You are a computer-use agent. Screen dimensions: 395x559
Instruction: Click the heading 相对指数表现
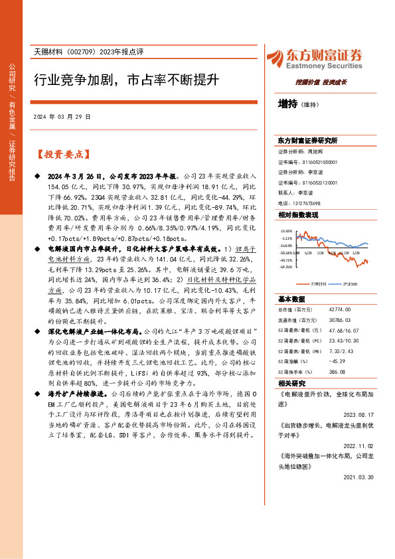298,216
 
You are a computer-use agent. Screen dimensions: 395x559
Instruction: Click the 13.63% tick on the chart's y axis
286,232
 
